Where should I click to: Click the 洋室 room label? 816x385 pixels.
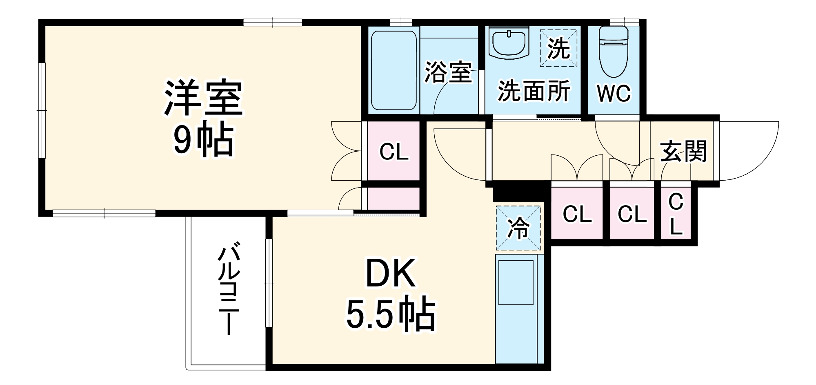[x=203, y=98]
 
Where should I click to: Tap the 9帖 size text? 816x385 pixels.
[x=203, y=140]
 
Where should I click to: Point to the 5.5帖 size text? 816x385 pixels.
[x=391, y=315]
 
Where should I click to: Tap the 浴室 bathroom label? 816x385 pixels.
[x=448, y=73]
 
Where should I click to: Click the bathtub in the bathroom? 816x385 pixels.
[x=394, y=70]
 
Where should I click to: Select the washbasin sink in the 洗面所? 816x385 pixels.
[x=509, y=43]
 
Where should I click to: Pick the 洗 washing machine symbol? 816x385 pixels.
[x=558, y=48]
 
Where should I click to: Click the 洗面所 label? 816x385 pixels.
[x=534, y=91]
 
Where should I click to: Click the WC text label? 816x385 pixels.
[x=614, y=94]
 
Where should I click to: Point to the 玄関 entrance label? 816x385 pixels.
[x=683, y=151]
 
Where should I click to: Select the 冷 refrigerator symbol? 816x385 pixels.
[x=518, y=228]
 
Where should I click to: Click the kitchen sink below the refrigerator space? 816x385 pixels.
[x=516, y=282]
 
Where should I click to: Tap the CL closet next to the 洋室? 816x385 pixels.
[x=394, y=152]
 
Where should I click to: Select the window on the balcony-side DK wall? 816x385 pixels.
[x=269, y=282]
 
